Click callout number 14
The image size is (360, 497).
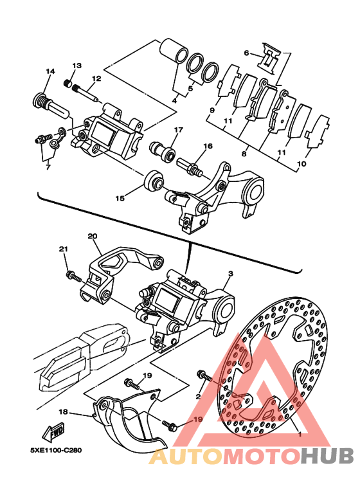pyautogui.click(x=50, y=71)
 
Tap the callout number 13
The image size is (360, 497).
pyautogui.click(x=76, y=66)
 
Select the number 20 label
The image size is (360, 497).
pyautogui.click(x=93, y=236)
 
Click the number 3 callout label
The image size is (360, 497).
pyautogui.click(x=231, y=273)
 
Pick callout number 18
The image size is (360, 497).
pyautogui.click(x=64, y=411)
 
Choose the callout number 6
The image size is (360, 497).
pyautogui.click(x=246, y=53)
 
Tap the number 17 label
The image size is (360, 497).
pyautogui.click(x=179, y=130)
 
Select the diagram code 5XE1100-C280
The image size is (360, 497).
pyautogui.click(x=56, y=451)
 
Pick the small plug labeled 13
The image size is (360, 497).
pyautogui.click(x=67, y=84)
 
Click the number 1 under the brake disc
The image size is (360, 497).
pyautogui.click(x=299, y=435)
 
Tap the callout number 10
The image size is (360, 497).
pyautogui.click(x=301, y=164)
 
